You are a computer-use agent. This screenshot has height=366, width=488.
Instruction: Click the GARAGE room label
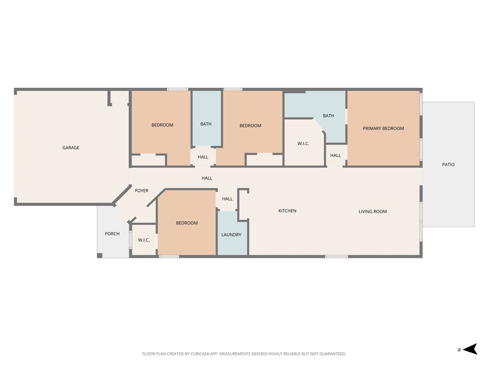click(x=71, y=148)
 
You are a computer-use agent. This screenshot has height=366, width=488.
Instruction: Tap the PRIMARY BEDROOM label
click(x=383, y=128)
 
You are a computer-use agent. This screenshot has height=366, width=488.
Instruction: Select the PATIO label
click(x=448, y=164)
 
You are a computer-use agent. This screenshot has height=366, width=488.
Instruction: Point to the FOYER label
click(x=142, y=191)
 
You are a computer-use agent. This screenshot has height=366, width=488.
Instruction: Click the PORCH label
click(x=112, y=234)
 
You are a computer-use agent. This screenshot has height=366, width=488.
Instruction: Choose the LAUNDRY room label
click(x=231, y=234)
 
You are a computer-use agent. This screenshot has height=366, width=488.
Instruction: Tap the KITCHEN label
click(x=287, y=211)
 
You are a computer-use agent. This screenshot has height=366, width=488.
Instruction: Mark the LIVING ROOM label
click(x=372, y=211)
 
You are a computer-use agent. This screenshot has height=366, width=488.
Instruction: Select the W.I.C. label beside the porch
click(x=144, y=240)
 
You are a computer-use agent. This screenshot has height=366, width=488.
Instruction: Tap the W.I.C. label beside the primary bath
click(x=304, y=143)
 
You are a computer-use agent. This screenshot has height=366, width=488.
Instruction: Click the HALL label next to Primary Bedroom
click(x=335, y=155)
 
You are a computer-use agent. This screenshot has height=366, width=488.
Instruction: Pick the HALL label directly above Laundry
click(x=227, y=199)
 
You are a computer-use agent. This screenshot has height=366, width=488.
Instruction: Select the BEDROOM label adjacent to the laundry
click(x=187, y=223)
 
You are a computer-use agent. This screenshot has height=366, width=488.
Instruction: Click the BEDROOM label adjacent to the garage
click(x=162, y=125)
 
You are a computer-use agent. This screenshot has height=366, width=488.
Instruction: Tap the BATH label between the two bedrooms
click(x=206, y=124)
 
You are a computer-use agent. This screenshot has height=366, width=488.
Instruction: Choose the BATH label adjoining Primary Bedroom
click(x=328, y=115)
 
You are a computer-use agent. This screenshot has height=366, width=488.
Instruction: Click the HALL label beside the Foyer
click(x=207, y=178)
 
